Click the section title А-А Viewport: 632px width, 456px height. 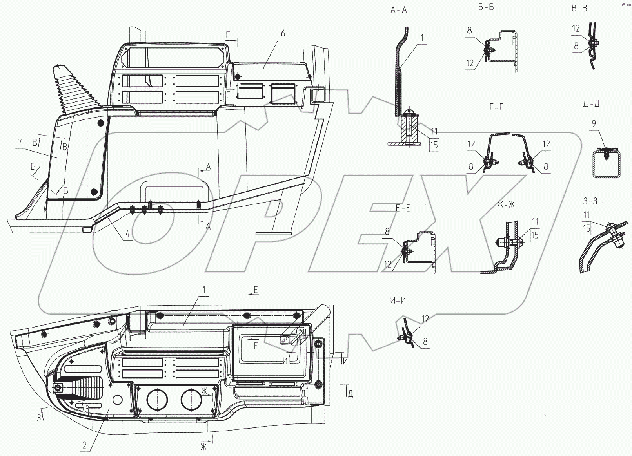point(399,10)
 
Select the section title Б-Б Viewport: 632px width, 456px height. point(486,7)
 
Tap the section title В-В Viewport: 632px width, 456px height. point(579,9)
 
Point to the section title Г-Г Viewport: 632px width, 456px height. point(496,107)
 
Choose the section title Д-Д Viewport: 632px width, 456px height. point(591,103)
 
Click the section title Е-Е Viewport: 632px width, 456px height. point(403,208)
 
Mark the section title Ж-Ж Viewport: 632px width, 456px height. point(506,204)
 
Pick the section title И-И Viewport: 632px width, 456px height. point(398,300)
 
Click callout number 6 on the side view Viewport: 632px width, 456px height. point(283,33)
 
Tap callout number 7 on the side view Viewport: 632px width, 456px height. point(20,142)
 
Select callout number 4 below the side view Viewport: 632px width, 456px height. point(128,233)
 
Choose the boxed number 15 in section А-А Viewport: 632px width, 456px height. point(434,145)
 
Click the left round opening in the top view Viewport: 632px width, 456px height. point(157,400)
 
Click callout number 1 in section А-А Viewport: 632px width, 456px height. point(422,38)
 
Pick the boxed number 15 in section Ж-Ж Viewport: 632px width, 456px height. point(535,235)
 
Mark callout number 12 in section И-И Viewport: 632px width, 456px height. point(425,319)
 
